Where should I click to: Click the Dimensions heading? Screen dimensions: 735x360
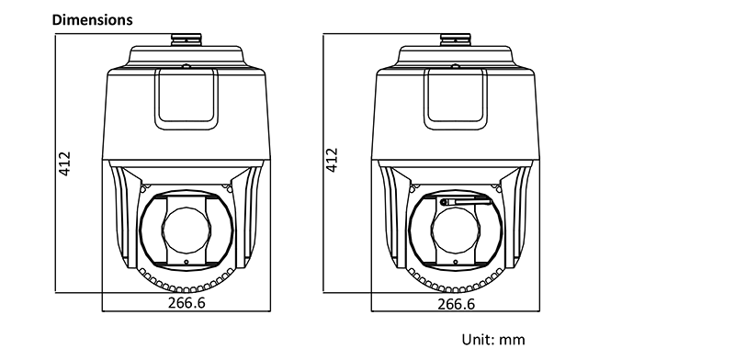[93, 19]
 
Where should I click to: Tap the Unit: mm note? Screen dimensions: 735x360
[493, 340]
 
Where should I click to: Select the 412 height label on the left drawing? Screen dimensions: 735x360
[64, 163]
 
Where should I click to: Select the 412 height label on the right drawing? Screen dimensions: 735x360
[332, 160]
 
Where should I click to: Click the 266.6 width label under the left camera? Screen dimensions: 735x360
[187, 302]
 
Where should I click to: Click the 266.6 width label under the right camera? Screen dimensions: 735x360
[456, 304]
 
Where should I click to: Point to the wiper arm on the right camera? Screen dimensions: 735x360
[465, 202]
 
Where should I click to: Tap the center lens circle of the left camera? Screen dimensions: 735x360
[187, 230]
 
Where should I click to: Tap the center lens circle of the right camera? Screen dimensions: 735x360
[456, 230]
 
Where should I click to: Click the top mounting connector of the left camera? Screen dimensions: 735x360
[187, 39]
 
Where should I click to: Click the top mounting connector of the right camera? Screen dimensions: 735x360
[455, 39]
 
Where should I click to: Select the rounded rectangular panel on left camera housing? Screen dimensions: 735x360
[187, 99]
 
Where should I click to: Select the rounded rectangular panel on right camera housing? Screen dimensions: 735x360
[456, 99]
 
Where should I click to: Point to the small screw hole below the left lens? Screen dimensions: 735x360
[187, 262]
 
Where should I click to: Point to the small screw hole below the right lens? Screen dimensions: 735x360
[456, 262]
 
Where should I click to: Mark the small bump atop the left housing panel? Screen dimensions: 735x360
[187, 66]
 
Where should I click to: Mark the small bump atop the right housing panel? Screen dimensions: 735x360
[455, 66]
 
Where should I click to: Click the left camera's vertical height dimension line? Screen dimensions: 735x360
[55, 163]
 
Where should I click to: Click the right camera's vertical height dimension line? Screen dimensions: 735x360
[323, 163]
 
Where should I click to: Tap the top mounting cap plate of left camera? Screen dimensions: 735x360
[186, 57]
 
